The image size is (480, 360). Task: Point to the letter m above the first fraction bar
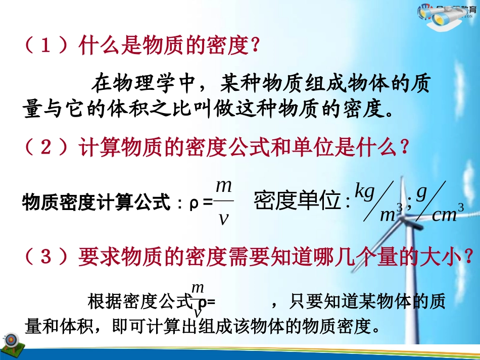223,186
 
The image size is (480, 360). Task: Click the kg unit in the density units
364,191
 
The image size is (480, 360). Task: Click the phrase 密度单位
298,201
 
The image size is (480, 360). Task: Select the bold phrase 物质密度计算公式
94,203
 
